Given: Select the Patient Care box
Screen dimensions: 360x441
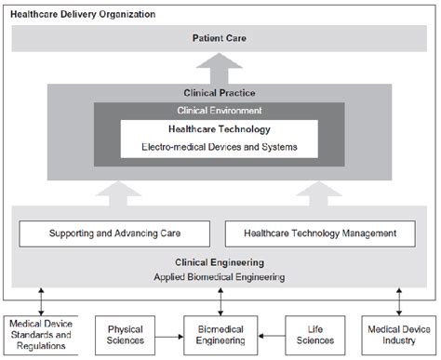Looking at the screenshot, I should click(220, 39).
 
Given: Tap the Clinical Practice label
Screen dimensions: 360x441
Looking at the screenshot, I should click(220, 92).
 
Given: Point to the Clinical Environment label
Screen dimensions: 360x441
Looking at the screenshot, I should click(220, 110).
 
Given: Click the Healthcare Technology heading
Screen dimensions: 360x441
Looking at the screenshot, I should click(220, 130).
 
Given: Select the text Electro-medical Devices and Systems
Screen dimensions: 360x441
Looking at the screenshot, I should click(220, 146).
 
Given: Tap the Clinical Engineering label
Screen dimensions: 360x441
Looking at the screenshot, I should click(220, 262).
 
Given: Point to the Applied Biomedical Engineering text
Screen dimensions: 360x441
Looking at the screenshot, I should click(220, 277).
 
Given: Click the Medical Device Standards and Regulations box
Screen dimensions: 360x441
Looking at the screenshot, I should click(38, 334).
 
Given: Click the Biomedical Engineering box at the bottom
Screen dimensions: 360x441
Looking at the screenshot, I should click(220, 334).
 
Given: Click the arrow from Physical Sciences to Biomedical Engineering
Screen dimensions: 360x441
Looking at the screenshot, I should click(169, 334).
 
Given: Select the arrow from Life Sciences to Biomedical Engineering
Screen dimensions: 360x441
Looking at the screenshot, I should click(270, 334).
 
